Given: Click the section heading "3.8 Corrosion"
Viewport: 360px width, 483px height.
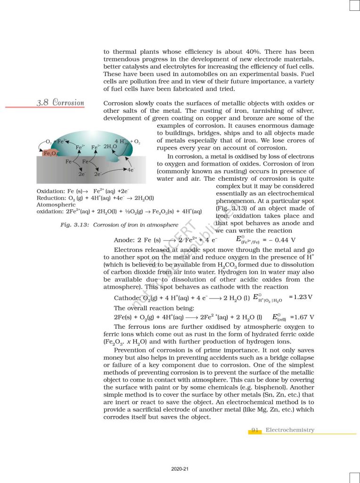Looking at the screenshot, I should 60,102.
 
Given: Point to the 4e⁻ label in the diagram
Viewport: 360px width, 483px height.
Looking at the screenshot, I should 129,170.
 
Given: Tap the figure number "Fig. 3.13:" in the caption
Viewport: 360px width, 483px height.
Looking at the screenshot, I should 75,225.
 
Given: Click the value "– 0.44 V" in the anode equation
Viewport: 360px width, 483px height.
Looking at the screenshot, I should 282,240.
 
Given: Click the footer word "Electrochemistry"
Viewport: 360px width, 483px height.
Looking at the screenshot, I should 290,430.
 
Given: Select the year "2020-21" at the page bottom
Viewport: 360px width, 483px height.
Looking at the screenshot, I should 180,469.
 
